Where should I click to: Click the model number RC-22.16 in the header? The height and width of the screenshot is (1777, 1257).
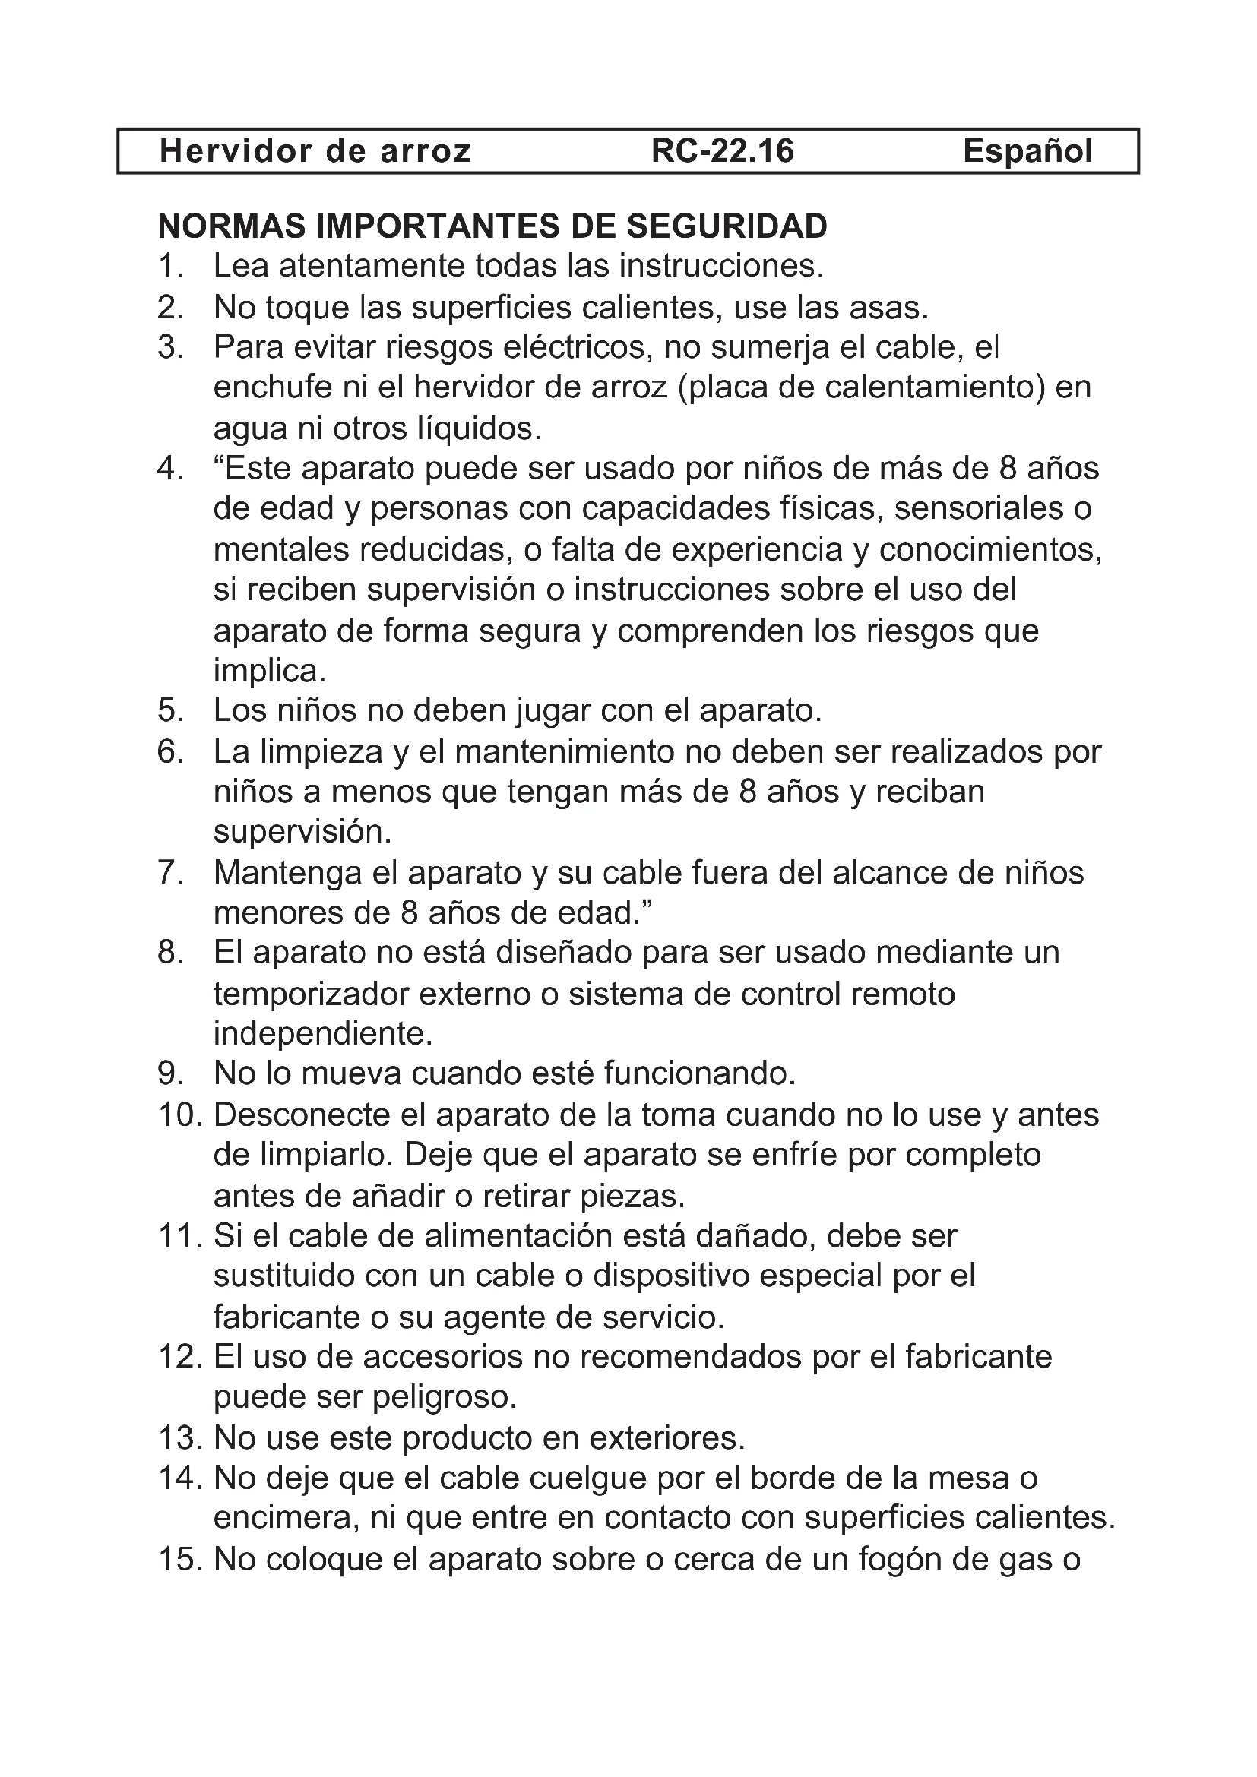(722, 151)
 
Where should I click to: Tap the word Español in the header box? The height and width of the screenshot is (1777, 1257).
(1027, 151)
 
